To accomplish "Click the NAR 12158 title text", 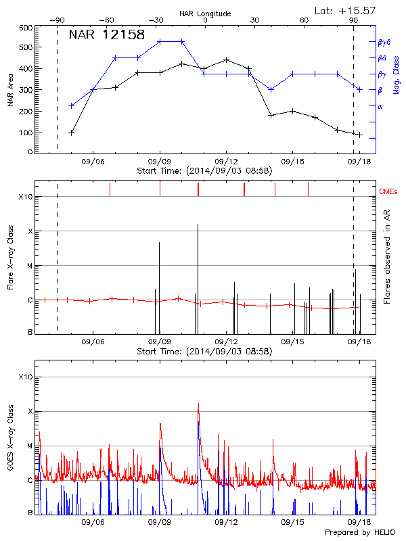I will point(107,35).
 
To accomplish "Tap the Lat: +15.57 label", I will point(345,10).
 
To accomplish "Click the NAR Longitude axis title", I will point(205,13).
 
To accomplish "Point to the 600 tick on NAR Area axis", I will point(25,28).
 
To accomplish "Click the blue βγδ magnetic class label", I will point(384,42).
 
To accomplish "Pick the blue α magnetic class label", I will point(380,106).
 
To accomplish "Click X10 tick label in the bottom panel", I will point(25,376).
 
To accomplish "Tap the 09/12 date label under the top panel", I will point(226,162).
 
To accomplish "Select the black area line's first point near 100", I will point(72,133).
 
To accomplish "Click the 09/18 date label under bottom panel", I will point(359,522).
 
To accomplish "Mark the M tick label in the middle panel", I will point(29,266).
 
